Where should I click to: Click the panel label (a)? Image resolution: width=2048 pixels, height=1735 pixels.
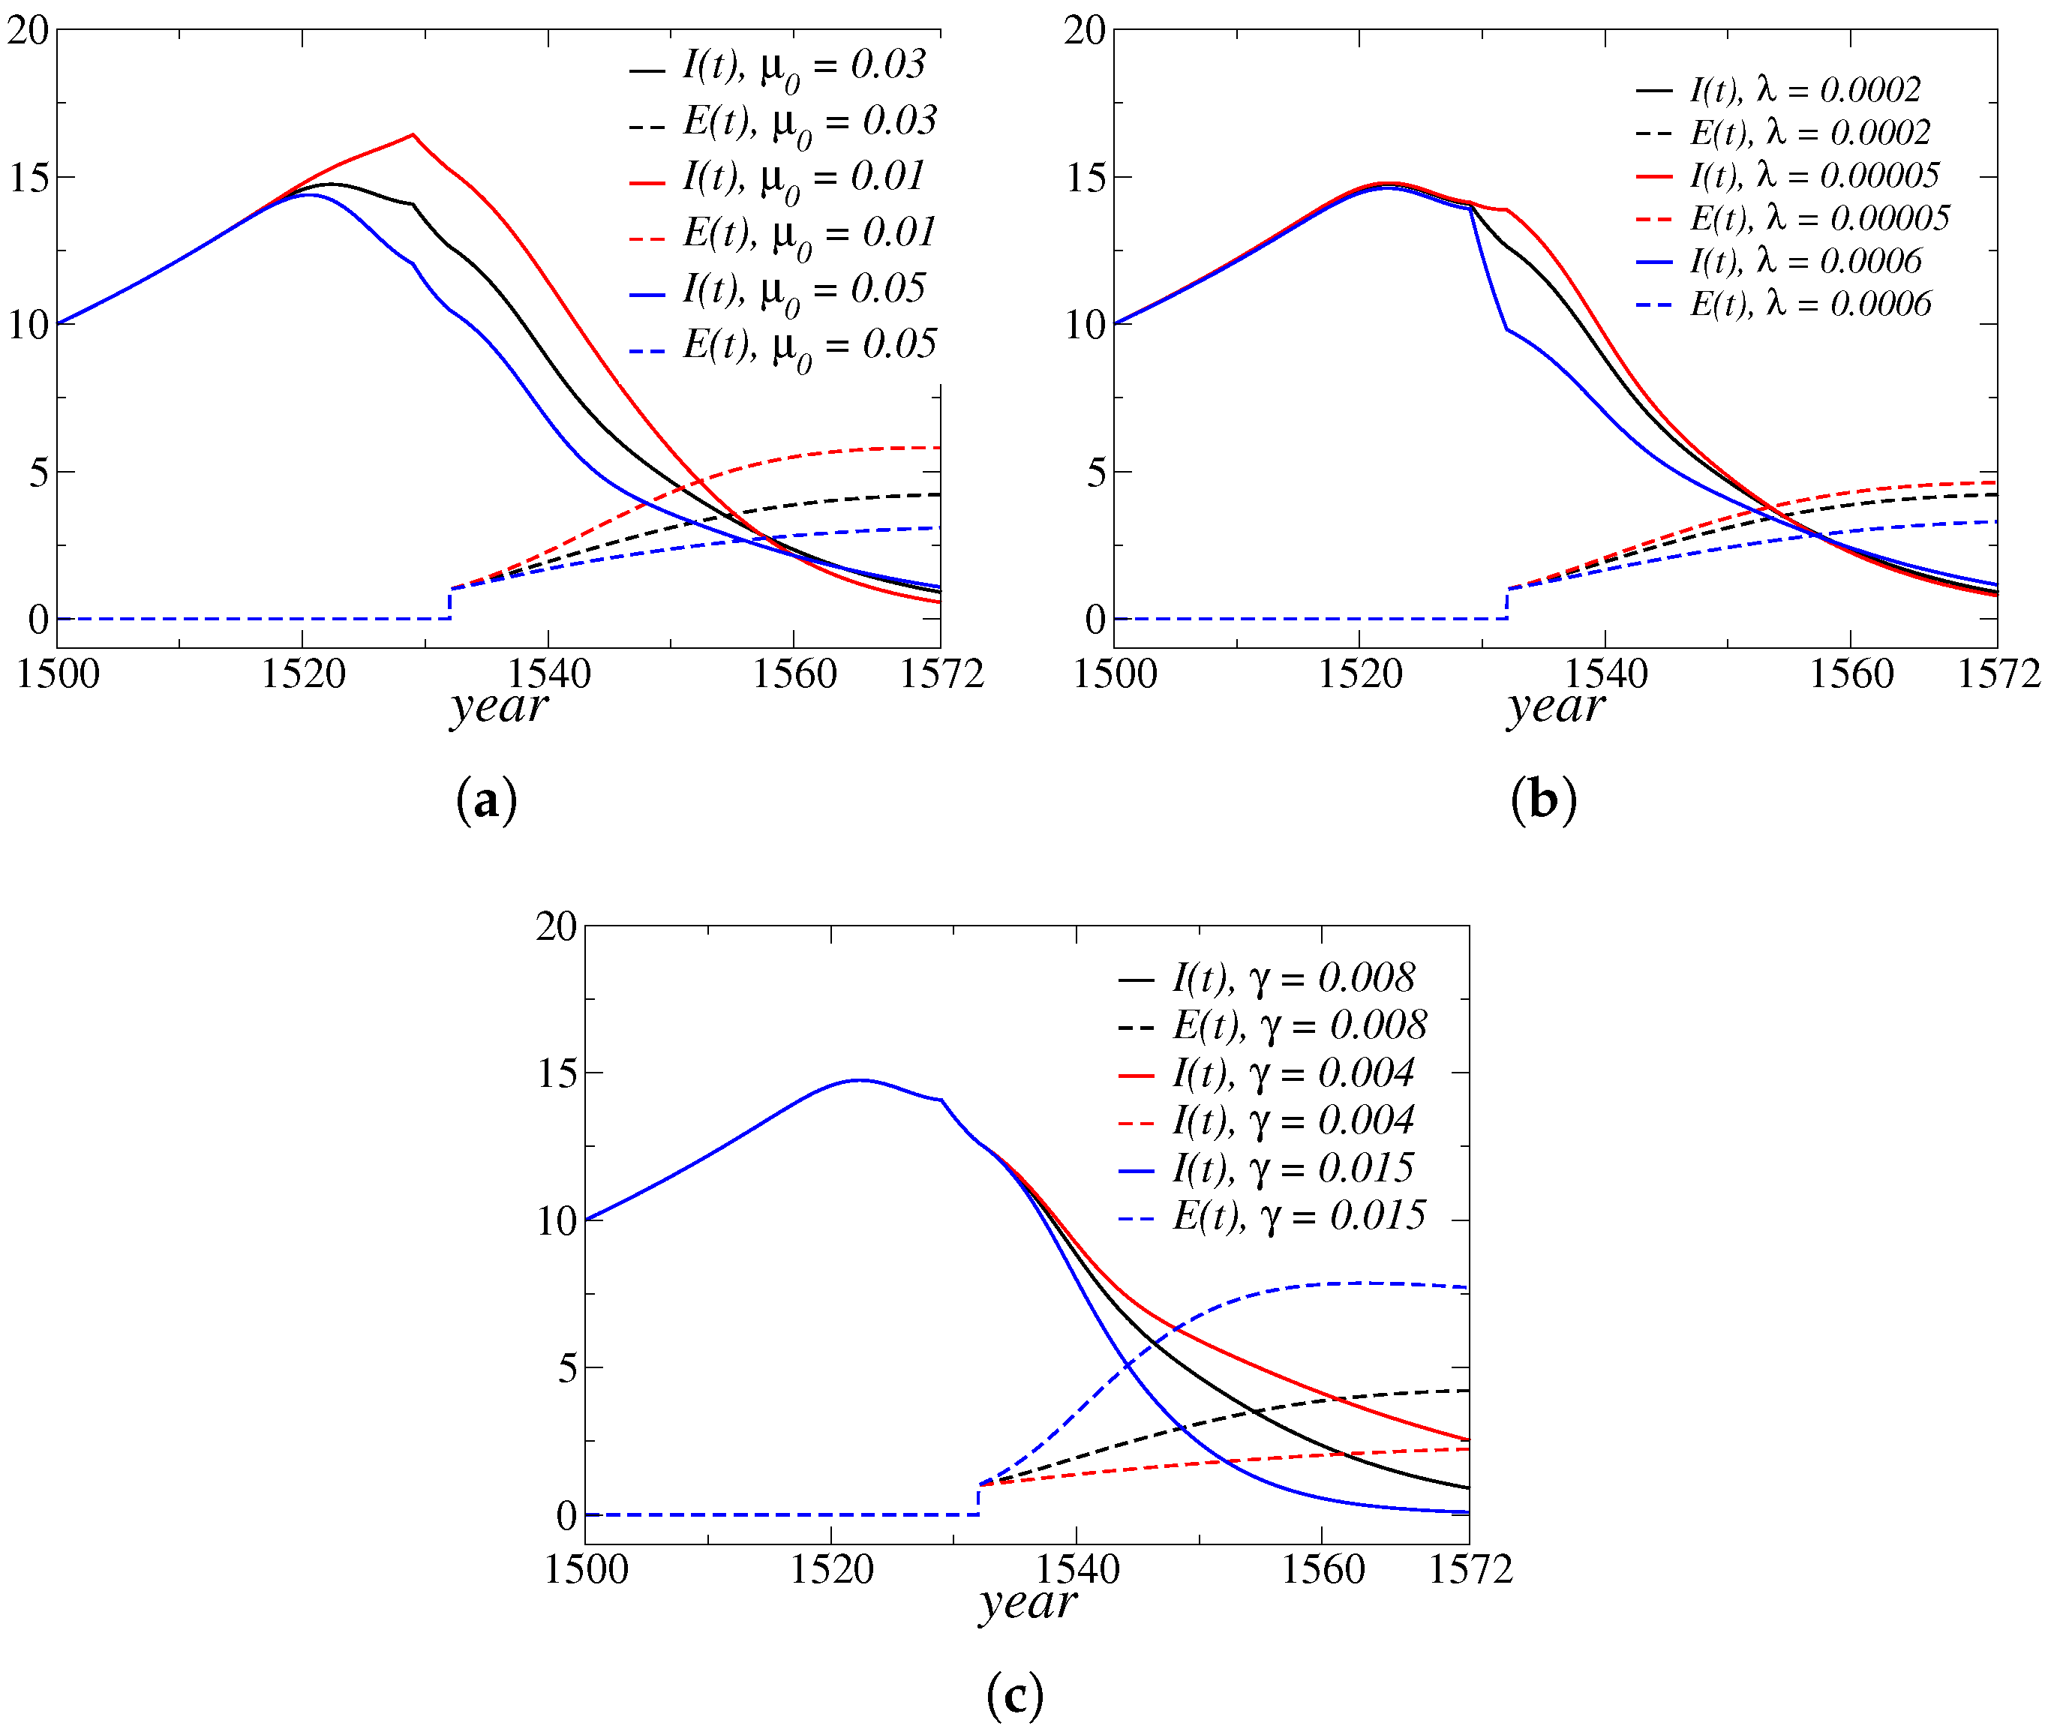tap(486, 800)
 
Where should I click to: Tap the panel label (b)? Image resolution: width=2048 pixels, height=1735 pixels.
tap(1543, 800)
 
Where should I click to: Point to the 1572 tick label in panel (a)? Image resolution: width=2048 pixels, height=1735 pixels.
tap(941, 674)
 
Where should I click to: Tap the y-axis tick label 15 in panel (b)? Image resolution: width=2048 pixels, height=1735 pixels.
tap(1085, 178)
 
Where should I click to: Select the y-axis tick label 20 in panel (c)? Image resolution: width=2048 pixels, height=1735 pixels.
tap(556, 926)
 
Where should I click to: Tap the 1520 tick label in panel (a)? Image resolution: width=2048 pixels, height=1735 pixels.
tap(303, 674)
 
